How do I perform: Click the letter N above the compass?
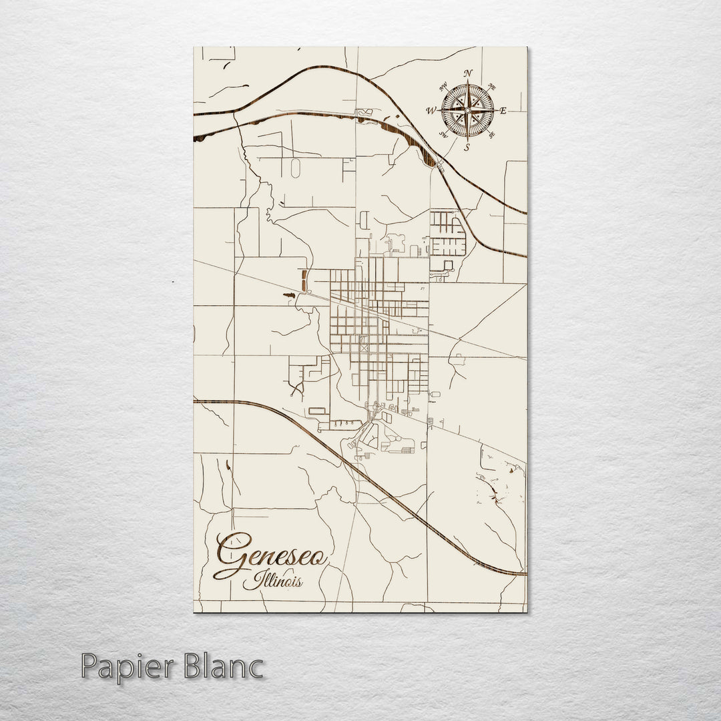[468, 73]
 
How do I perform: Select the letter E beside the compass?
[503, 111]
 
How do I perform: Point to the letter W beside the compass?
[431, 110]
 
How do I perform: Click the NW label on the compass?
[443, 86]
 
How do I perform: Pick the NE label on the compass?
[493, 86]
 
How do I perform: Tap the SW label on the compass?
[443, 134]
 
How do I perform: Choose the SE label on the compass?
[492, 135]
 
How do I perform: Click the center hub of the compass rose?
[467, 110]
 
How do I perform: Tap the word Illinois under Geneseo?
[272, 582]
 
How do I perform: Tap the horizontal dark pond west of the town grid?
[289, 294]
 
